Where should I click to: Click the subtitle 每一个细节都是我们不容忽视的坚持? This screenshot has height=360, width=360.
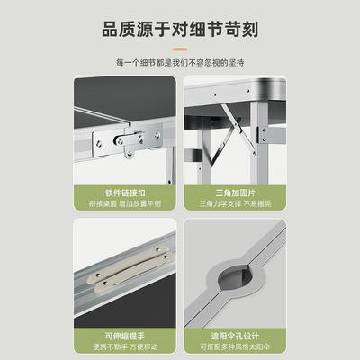coord(180,62)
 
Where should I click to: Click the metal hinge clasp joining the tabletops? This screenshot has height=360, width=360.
coord(135,142)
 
